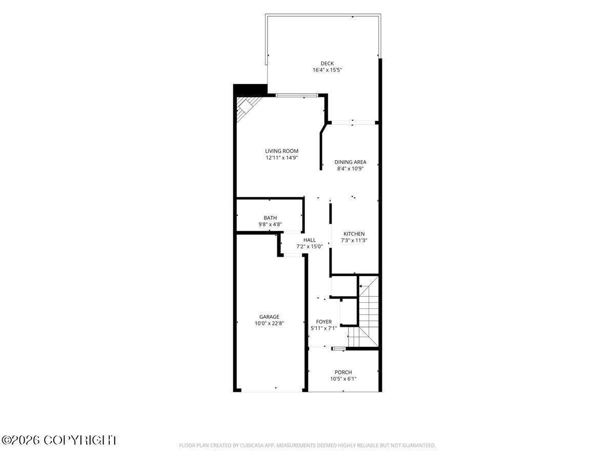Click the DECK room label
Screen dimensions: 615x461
coord(327,64)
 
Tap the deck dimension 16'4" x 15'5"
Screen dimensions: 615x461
coord(327,70)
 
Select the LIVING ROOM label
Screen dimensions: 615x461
coord(281,151)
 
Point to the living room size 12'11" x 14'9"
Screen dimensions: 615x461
coord(281,158)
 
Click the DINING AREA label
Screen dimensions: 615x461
coord(350,162)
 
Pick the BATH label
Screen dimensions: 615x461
coord(270,218)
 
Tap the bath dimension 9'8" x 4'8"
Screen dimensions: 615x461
coord(270,224)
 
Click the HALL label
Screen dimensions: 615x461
coord(310,240)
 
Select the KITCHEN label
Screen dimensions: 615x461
coord(354,234)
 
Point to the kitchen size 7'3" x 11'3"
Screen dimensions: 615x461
coord(354,240)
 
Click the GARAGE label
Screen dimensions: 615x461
coord(269,317)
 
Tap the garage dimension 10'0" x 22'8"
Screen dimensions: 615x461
coord(269,324)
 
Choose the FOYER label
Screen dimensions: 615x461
coord(323,322)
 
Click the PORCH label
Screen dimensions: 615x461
coord(343,372)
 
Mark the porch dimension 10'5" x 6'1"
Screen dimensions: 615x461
coord(343,379)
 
